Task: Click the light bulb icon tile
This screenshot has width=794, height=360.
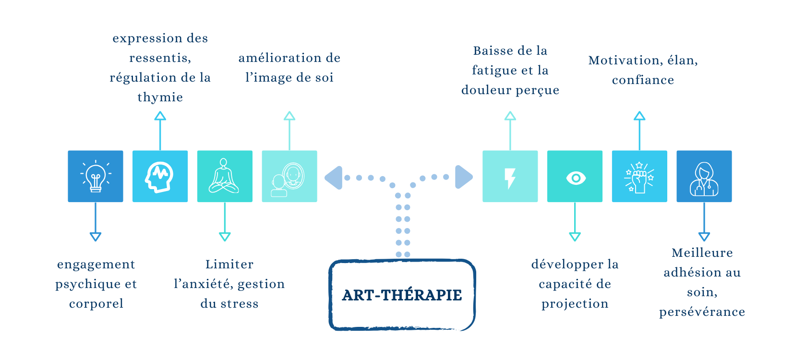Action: click(x=96, y=176)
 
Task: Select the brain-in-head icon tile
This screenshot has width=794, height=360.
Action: click(x=160, y=176)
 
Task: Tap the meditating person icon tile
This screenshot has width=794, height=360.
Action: click(x=225, y=176)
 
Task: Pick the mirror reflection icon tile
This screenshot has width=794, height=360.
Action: click(x=289, y=176)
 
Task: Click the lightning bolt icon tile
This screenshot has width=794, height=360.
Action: click(x=510, y=176)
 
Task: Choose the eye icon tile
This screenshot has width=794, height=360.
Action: click(x=575, y=176)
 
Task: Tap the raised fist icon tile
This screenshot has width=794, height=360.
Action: click(x=639, y=176)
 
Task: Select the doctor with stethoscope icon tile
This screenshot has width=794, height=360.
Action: click(x=704, y=176)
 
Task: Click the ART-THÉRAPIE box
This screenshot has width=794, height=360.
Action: click(x=402, y=295)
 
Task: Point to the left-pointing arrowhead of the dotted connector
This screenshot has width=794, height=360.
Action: click(x=334, y=178)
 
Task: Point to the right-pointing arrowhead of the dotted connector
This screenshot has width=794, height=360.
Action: click(x=463, y=177)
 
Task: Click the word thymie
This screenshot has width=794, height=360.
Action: click(x=160, y=97)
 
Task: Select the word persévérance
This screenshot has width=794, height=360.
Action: click(x=702, y=312)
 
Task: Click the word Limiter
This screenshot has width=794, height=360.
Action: click(x=229, y=264)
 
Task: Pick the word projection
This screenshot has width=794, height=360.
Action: click(x=575, y=304)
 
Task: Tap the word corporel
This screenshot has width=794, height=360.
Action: click(x=96, y=304)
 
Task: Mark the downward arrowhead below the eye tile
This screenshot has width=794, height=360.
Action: click(x=575, y=237)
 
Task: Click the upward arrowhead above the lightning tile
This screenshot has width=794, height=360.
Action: click(x=510, y=116)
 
